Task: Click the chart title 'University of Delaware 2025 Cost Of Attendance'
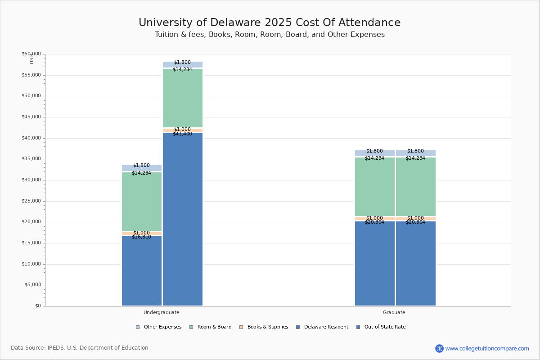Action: point(270,23)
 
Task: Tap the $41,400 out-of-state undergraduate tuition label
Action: point(182,134)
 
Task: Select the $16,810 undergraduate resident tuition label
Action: point(141,237)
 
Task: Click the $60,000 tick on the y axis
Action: point(31,54)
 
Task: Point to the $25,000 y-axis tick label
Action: point(31,201)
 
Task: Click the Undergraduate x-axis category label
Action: point(162,312)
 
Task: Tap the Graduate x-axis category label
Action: point(394,312)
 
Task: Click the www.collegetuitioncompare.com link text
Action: point(487,348)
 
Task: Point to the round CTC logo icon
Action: point(439,348)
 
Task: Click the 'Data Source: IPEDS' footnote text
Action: point(80,348)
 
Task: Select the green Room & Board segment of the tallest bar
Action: point(183,99)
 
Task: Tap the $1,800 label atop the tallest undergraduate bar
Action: point(182,63)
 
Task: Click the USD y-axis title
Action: point(31,59)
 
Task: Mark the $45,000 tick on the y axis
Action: point(31,117)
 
